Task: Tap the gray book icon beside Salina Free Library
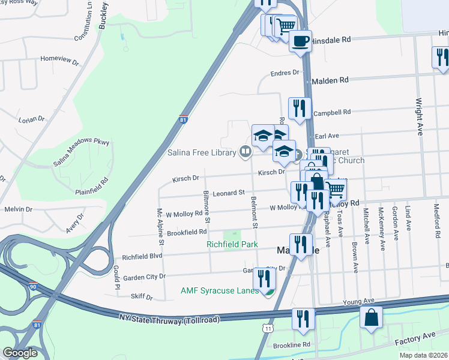tap(244, 152)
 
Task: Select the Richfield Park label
tap(232, 244)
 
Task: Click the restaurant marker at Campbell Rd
tap(300, 108)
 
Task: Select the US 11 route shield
tap(267, 328)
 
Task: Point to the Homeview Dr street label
tap(59, 59)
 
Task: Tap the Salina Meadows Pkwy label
tap(82, 151)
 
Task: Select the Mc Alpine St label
tap(160, 227)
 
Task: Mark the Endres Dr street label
tap(285, 73)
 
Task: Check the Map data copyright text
tap(424, 355)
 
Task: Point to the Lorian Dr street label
tap(32, 119)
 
